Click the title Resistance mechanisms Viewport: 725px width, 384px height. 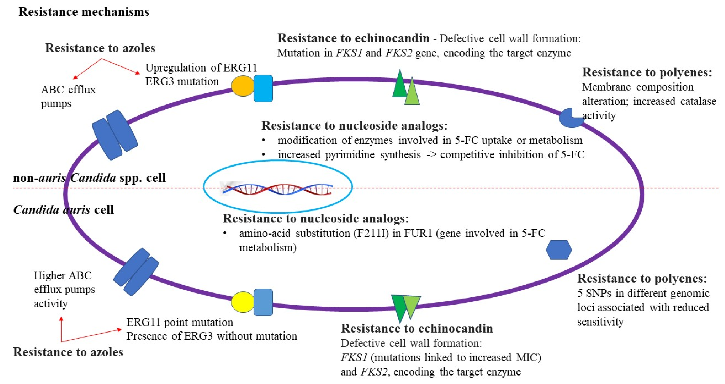(83, 12)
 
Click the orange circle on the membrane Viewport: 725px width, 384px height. (243, 86)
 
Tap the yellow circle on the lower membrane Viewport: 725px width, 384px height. (243, 302)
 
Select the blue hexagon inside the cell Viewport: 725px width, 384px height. (559, 250)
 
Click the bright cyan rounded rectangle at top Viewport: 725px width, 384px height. (263, 88)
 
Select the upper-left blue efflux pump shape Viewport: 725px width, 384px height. (115, 135)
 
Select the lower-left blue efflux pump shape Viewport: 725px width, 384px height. (136, 272)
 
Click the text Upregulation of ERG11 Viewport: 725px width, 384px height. (201, 68)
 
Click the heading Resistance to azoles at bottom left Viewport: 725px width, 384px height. (68, 352)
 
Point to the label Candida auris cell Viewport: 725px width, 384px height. (64, 210)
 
